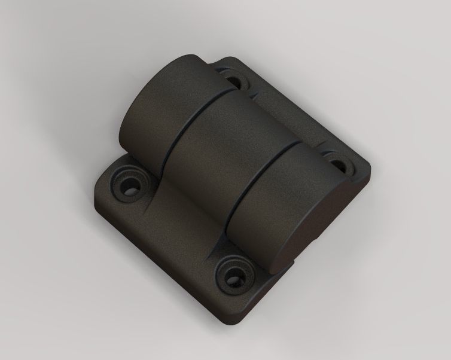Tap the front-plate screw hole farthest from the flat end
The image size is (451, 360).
(127, 187)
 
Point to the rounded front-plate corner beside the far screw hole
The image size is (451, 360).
(102, 179)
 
